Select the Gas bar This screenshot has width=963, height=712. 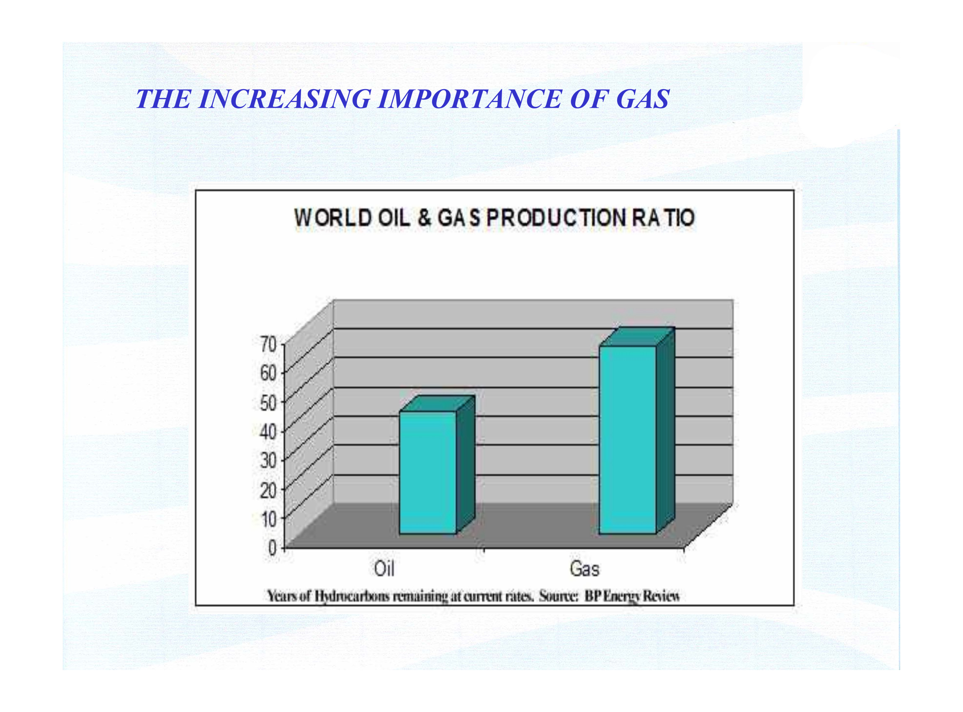tap(637, 431)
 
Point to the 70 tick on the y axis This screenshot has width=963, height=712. tap(268, 345)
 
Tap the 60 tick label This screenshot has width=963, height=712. tap(268, 373)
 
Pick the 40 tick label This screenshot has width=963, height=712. tap(268, 432)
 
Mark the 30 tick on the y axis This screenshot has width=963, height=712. tap(268, 461)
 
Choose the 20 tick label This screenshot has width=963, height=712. tap(268, 490)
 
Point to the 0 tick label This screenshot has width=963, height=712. tap(272, 548)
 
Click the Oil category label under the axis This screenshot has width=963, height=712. tap(384, 568)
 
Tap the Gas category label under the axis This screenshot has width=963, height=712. tap(584, 569)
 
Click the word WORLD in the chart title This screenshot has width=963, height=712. tap(332, 218)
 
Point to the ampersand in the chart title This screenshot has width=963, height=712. tap(425, 218)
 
